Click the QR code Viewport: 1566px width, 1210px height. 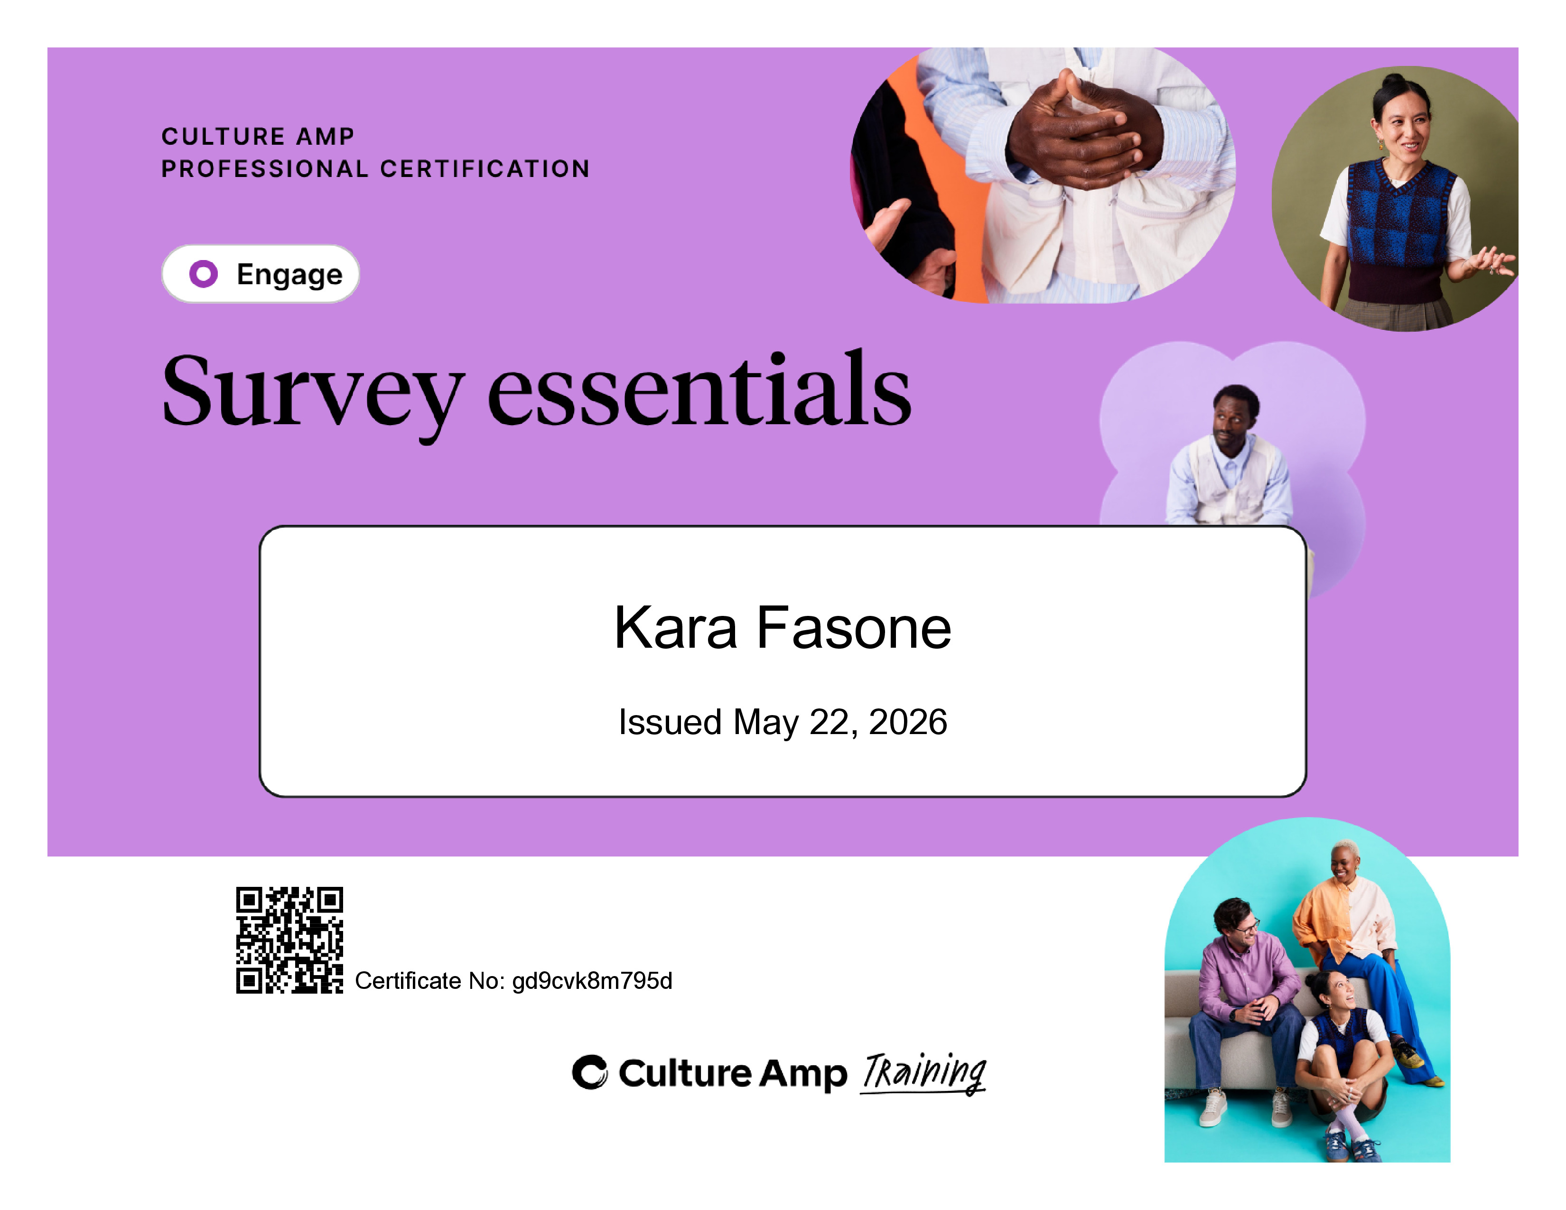pos(289,940)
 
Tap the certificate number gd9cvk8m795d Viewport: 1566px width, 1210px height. pos(592,981)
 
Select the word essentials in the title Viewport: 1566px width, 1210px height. pos(699,388)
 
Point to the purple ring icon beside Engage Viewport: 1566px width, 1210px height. pos(203,274)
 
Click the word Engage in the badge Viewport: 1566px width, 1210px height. pos(289,275)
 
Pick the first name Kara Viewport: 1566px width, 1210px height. pos(676,628)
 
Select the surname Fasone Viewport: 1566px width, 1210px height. pos(854,628)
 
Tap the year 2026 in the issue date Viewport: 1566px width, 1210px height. pos(908,722)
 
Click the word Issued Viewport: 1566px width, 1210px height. pos(670,722)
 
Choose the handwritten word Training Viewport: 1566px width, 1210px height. pos(923,1073)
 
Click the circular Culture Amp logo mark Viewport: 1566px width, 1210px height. pos(589,1072)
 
